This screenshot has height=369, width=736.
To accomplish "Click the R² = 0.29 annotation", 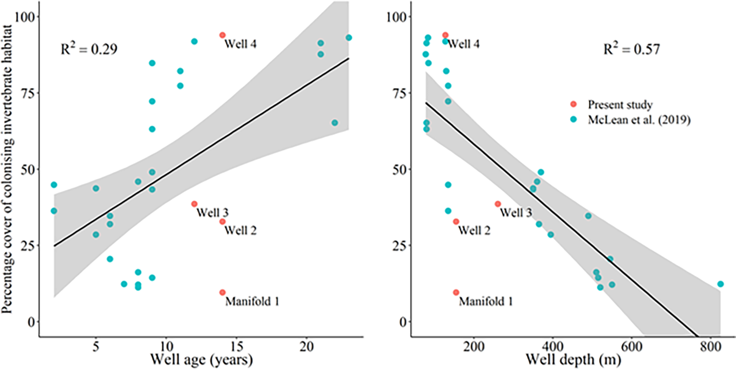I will (x=89, y=49).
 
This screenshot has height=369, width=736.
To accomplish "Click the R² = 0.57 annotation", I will (x=631, y=49).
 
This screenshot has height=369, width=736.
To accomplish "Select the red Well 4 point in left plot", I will (x=222, y=35).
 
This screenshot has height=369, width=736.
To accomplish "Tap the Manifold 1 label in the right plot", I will (x=486, y=302).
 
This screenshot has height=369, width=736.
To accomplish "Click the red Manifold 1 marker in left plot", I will (x=222, y=292).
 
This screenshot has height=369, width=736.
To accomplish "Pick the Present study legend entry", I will (x=620, y=104).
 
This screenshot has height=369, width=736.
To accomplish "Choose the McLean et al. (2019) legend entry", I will (x=639, y=120).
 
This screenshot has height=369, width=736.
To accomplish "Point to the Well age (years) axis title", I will (x=201, y=359).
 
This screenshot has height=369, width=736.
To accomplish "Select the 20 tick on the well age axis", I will (x=307, y=346).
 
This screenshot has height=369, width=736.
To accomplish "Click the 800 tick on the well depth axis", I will (x=710, y=346).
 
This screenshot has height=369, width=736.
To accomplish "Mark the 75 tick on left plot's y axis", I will (x=27, y=93).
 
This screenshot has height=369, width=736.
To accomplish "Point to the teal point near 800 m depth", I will (x=720, y=284).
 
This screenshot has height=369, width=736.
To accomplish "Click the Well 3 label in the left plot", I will (x=212, y=212).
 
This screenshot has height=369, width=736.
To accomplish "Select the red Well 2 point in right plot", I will (x=456, y=222).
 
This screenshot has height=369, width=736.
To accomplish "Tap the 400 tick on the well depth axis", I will (x=552, y=346).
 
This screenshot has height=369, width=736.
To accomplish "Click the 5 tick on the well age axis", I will (x=96, y=346).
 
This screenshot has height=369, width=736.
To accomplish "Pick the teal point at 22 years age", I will (x=335, y=123).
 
